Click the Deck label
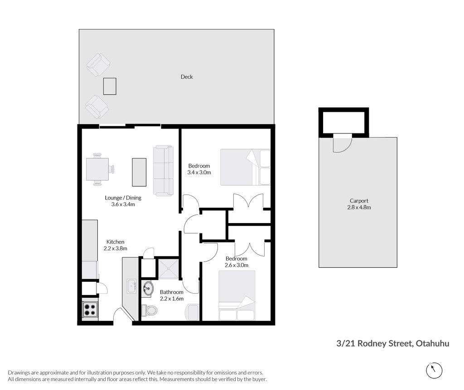[186, 77]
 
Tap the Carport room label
[359, 201]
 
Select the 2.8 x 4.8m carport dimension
[359, 207]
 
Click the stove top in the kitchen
[90, 309]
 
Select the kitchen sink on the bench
[132, 286]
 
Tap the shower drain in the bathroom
[169, 269]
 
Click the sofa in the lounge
[163, 171]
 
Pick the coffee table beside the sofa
[139, 172]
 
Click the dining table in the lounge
[97, 169]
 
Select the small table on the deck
[110, 86]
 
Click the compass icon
[434, 370]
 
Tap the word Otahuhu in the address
[432, 343]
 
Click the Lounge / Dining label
[123, 198]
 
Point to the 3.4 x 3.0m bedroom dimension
[199, 172]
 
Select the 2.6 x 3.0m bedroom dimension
[237, 265]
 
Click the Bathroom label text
[172, 292]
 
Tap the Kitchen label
[116, 242]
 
